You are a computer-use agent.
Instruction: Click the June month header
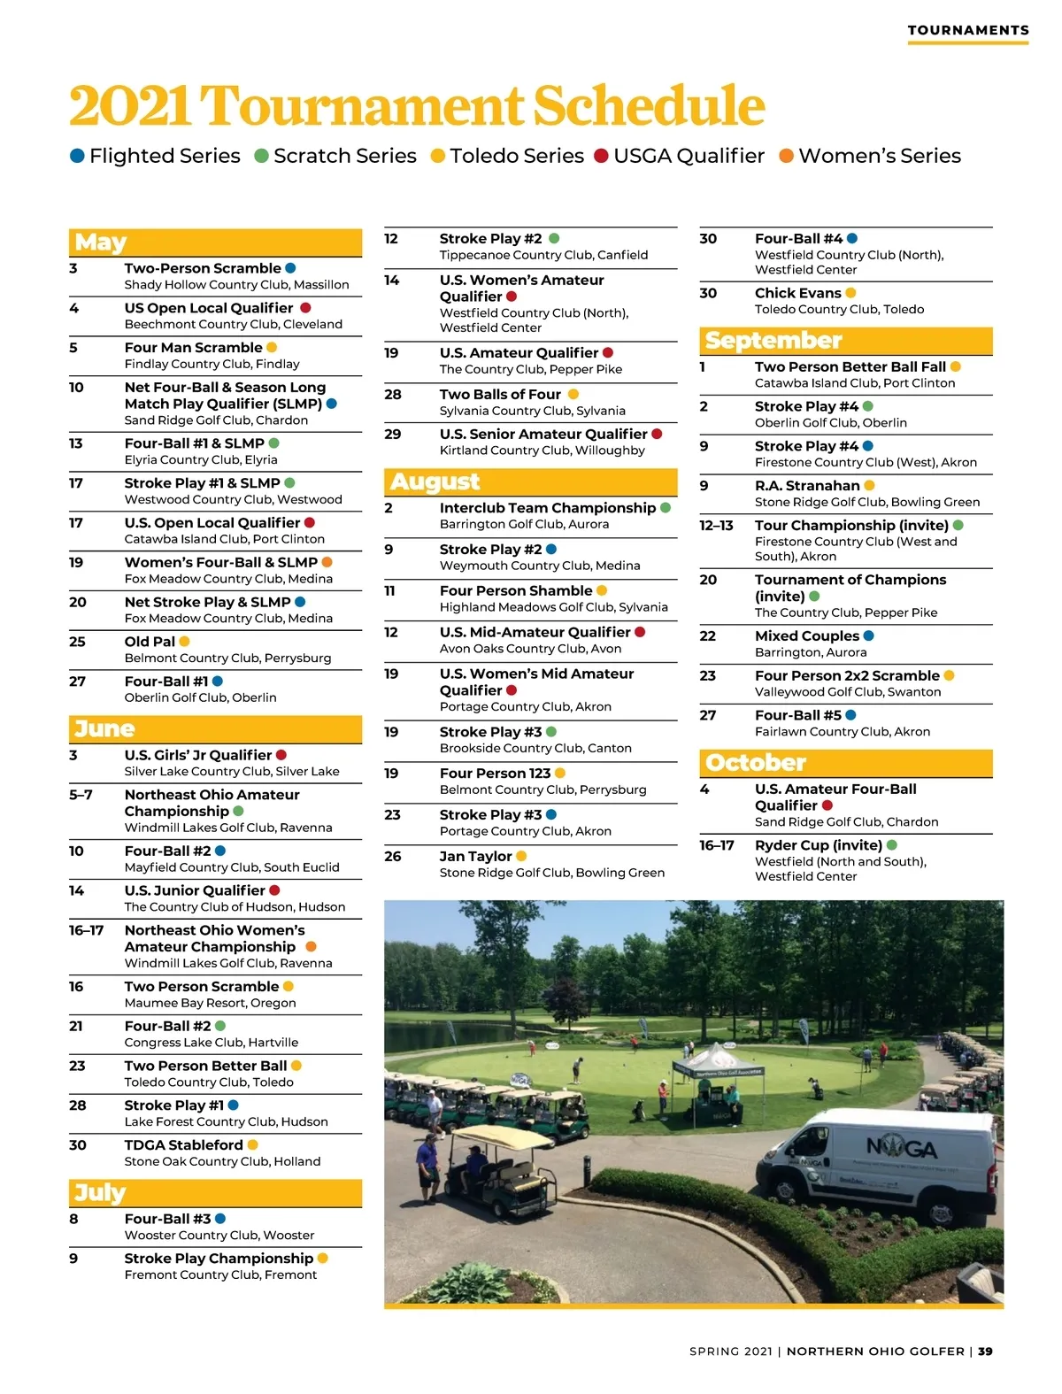pos(104,728)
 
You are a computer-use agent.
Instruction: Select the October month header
pos(756,762)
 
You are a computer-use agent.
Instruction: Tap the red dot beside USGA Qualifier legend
pos(601,156)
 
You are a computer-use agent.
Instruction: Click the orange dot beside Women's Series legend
pos(786,156)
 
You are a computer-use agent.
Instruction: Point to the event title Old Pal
pos(150,642)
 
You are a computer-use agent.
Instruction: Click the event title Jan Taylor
pos(475,856)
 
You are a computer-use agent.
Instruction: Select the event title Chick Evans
pos(797,293)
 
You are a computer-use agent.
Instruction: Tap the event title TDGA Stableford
pos(183,1144)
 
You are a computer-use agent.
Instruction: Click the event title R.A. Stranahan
pos(807,485)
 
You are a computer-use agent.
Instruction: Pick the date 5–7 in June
pos(81,795)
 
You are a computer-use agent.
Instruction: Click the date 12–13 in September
pos(716,525)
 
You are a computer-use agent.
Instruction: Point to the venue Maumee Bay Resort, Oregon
pos(210,1003)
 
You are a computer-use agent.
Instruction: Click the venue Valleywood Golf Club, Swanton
pos(848,691)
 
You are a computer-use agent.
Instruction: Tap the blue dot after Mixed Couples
pos(868,635)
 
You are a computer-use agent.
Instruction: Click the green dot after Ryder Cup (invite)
pos(892,845)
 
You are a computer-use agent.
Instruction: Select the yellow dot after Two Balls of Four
pos(573,394)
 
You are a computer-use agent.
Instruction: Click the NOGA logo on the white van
pos(901,1149)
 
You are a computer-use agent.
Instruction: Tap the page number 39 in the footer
pos(985,1352)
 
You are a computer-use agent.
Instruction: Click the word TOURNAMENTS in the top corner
pos(968,30)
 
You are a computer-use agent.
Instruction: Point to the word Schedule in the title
pos(649,106)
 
